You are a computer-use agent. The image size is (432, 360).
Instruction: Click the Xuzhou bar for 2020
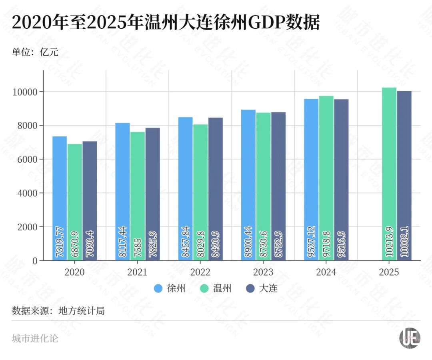(x=60, y=198)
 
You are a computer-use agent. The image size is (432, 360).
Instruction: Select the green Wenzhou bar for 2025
(x=389, y=174)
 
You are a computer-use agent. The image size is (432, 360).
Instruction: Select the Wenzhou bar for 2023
(x=264, y=186)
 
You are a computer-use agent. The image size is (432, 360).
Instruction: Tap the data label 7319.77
(x=60, y=242)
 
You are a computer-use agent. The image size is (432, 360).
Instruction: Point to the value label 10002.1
(x=404, y=242)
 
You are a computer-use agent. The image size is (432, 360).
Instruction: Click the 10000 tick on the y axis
(x=26, y=92)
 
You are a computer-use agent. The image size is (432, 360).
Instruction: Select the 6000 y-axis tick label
(x=28, y=159)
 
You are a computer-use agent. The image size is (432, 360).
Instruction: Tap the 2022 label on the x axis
(x=200, y=272)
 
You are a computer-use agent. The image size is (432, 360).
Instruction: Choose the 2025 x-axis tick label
(x=389, y=272)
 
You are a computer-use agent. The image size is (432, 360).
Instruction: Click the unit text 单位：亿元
(x=35, y=52)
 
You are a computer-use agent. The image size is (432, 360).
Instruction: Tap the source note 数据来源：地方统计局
(x=58, y=311)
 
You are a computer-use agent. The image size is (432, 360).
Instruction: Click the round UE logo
(x=410, y=338)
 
